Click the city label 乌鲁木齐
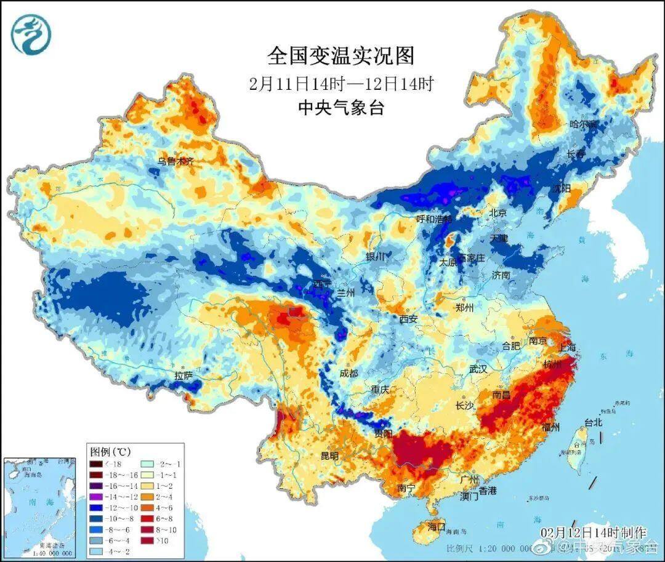[x=175, y=161]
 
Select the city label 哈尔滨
[x=583, y=124]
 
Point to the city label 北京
[x=498, y=213]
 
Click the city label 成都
[x=348, y=373]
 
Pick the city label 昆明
[x=329, y=456]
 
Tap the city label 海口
[x=436, y=527]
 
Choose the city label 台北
[x=592, y=423]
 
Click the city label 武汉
[x=478, y=369]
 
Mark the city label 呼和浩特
[x=435, y=219]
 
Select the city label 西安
[x=408, y=319]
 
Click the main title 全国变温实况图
[x=341, y=56]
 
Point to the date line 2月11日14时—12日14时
[x=341, y=84]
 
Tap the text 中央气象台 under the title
[x=341, y=108]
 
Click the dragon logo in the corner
[x=30, y=35]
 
